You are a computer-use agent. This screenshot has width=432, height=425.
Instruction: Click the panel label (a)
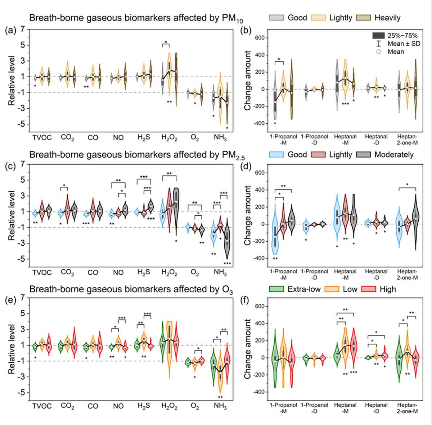pos(10,31)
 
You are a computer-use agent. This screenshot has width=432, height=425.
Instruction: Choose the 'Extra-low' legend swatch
pos(277,289)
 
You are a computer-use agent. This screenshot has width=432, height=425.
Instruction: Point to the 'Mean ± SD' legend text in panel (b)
pos(404,44)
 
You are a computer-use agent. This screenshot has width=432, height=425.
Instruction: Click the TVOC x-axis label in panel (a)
pos(42,138)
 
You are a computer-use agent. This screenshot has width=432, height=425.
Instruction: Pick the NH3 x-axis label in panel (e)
pos(220,406)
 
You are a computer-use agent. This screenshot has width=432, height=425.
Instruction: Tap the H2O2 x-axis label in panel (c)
pos(169,273)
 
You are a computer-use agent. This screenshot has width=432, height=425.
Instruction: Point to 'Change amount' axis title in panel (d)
pos(248,215)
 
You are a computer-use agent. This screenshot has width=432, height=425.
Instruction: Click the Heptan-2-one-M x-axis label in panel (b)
pos(407,140)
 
